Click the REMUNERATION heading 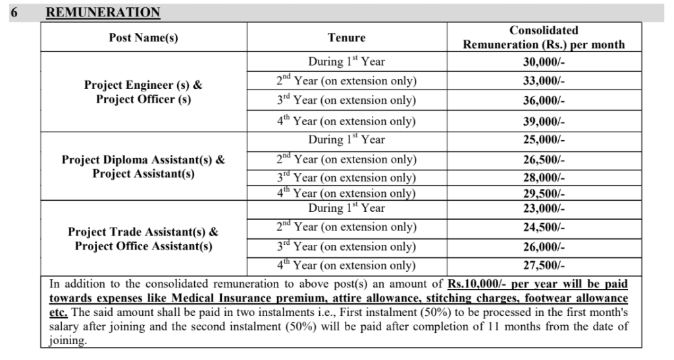coord(103,13)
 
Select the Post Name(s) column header coord(143,38)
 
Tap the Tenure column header coord(346,38)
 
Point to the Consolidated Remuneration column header coord(544,38)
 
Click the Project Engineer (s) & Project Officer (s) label coord(143,92)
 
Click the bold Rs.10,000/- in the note coord(477,284)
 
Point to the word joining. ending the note coord(68,341)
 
